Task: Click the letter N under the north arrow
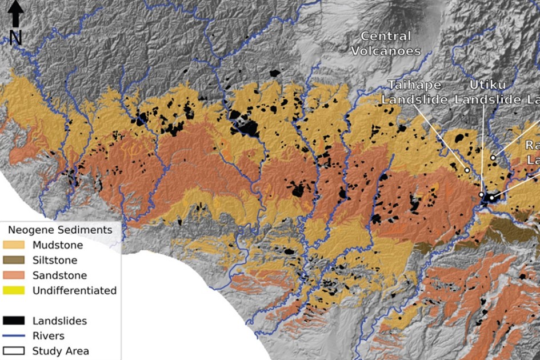(x=15, y=38)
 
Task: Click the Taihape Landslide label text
(x=414, y=92)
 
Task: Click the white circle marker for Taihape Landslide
(x=467, y=170)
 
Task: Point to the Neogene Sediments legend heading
(x=59, y=230)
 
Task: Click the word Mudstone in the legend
(x=58, y=245)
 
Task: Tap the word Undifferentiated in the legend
(x=74, y=290)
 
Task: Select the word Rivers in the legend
(x=49, y=336)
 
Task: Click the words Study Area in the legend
(x=61, y=351)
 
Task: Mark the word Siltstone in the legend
(x=55, y=261)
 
